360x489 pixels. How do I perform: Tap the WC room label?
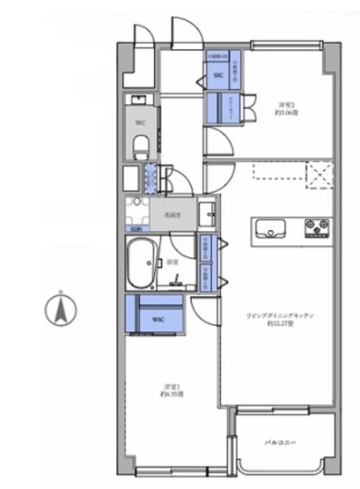point(140,123)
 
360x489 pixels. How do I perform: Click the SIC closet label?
point(218,77)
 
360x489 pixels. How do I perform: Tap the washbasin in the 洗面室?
point(208,214)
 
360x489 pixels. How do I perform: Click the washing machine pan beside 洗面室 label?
point(137,211)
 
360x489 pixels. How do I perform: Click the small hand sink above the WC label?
point(139,99)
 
